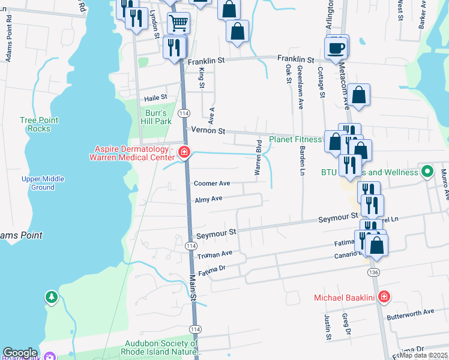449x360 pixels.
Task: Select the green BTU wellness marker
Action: point(427,172)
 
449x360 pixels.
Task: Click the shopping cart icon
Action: point(178,23)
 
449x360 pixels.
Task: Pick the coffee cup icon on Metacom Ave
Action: point(336,48)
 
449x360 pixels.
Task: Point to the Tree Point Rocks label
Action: point(39,124)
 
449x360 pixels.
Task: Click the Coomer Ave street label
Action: point(212,184)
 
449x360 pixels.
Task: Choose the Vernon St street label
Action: point(208,130)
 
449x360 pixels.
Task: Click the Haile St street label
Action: point(155,98)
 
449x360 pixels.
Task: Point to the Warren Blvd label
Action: point(258,157)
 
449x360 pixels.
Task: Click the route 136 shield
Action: point(374,272)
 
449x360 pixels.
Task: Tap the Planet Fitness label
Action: point(295,139)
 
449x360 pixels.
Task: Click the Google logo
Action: point(20,353)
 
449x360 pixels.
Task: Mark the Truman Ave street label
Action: point(214,255)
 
